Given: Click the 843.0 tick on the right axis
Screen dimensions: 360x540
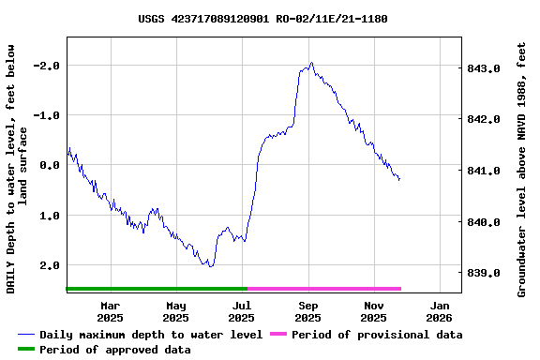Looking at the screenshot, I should (484, 68).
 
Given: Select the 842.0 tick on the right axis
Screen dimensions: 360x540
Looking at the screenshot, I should (484, 120).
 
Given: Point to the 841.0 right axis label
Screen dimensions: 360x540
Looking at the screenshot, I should (484, 172).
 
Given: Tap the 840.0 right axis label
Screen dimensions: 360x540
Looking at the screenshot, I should (484, 223).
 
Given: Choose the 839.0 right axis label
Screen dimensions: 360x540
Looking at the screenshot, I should (484, 274).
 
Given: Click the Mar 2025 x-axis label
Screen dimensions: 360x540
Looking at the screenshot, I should (111, 311).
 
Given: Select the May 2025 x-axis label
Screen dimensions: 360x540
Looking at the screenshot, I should (176, 311).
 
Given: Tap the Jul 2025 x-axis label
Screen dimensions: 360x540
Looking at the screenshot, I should (242, 311).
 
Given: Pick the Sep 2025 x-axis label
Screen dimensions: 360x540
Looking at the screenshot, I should (308, 311).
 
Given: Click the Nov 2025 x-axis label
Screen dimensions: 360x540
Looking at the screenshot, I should (374, 311).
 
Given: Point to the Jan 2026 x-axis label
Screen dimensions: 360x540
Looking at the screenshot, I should (440, 311).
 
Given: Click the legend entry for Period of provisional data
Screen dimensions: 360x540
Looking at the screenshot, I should (376, 335).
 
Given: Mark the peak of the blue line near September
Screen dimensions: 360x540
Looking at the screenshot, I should (311, 63).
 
